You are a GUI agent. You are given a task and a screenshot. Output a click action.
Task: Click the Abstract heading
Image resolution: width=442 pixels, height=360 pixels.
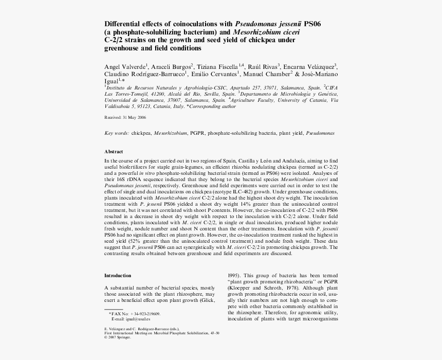[114, 152]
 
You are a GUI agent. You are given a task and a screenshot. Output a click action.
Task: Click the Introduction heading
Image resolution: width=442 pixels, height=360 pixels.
[117, 275]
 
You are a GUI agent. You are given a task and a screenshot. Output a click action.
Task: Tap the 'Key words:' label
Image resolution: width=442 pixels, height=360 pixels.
[117, 133]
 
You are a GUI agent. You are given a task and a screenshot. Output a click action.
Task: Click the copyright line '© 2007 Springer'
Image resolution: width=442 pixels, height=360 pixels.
[118, 337]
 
